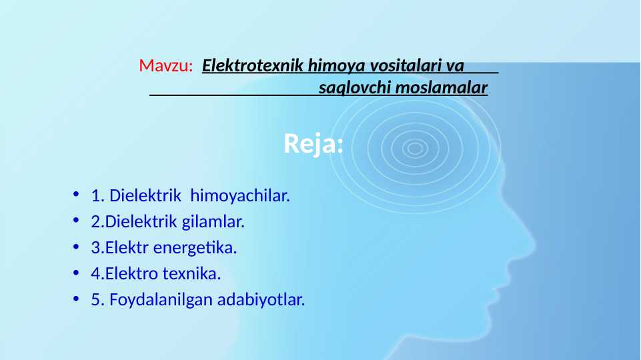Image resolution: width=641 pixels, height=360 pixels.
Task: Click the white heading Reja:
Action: point(313,143)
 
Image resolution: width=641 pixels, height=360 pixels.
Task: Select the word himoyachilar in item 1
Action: point(240,197)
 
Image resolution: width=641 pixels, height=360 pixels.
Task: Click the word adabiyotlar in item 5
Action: point(261,300)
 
